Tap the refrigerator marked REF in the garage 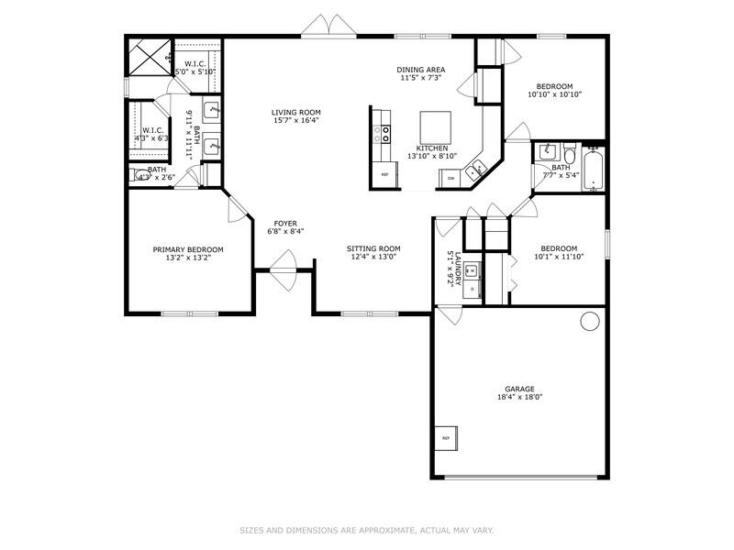[x=447, y=438]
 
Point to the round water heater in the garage [x=590, y=320]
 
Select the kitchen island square [x=435, y=124]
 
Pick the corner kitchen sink [x=477, y=169]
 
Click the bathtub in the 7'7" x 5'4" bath [x=595, y=169]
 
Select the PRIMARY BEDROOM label [x=188, y=249]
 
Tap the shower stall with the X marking [x=148, y=57]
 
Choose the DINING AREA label [x=421, y=70]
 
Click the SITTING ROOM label [x=373, y=248]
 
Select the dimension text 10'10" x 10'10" [x=554, y=94]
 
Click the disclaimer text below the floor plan [x=367, y=530]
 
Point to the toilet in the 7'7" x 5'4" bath [x=569, y=152]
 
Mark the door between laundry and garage [x=449, y=314]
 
